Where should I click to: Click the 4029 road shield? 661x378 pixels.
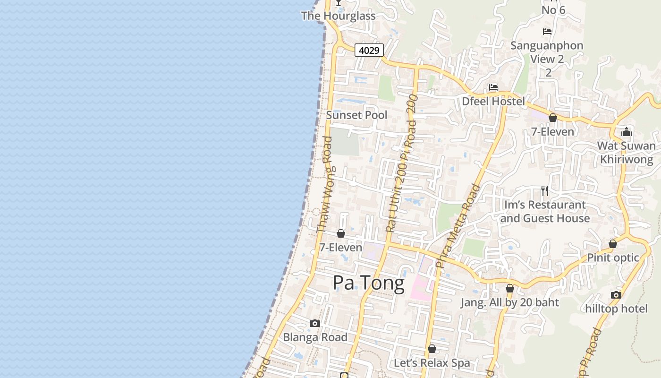click(369, 50)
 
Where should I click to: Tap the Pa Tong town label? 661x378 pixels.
click(368, 283)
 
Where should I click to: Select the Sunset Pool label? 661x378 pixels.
click(356, 115)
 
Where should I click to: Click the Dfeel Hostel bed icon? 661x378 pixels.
click(493, 87)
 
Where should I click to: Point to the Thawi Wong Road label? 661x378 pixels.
click(324, 184)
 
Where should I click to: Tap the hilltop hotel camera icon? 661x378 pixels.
click(616, 295)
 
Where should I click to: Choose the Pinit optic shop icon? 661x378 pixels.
click(612, 244)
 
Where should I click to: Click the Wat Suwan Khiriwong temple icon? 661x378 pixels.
click(627, 132)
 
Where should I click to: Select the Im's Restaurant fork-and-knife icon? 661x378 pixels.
click(545, 191)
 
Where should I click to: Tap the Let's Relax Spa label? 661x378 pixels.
click(432, 363)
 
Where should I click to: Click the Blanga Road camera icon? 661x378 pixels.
click(315, 324)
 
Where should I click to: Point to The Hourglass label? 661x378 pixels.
click(339, 16)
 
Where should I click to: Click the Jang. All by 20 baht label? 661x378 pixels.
click(509, 302)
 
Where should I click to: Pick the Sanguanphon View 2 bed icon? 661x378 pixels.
click(547, 32)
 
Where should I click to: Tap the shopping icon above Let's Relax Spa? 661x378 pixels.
click(432, 349)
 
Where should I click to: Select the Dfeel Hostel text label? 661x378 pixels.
click(493, 101)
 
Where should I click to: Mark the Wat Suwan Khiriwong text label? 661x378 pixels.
click(627, 152)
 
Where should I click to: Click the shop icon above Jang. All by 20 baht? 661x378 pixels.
click(509, 288)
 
